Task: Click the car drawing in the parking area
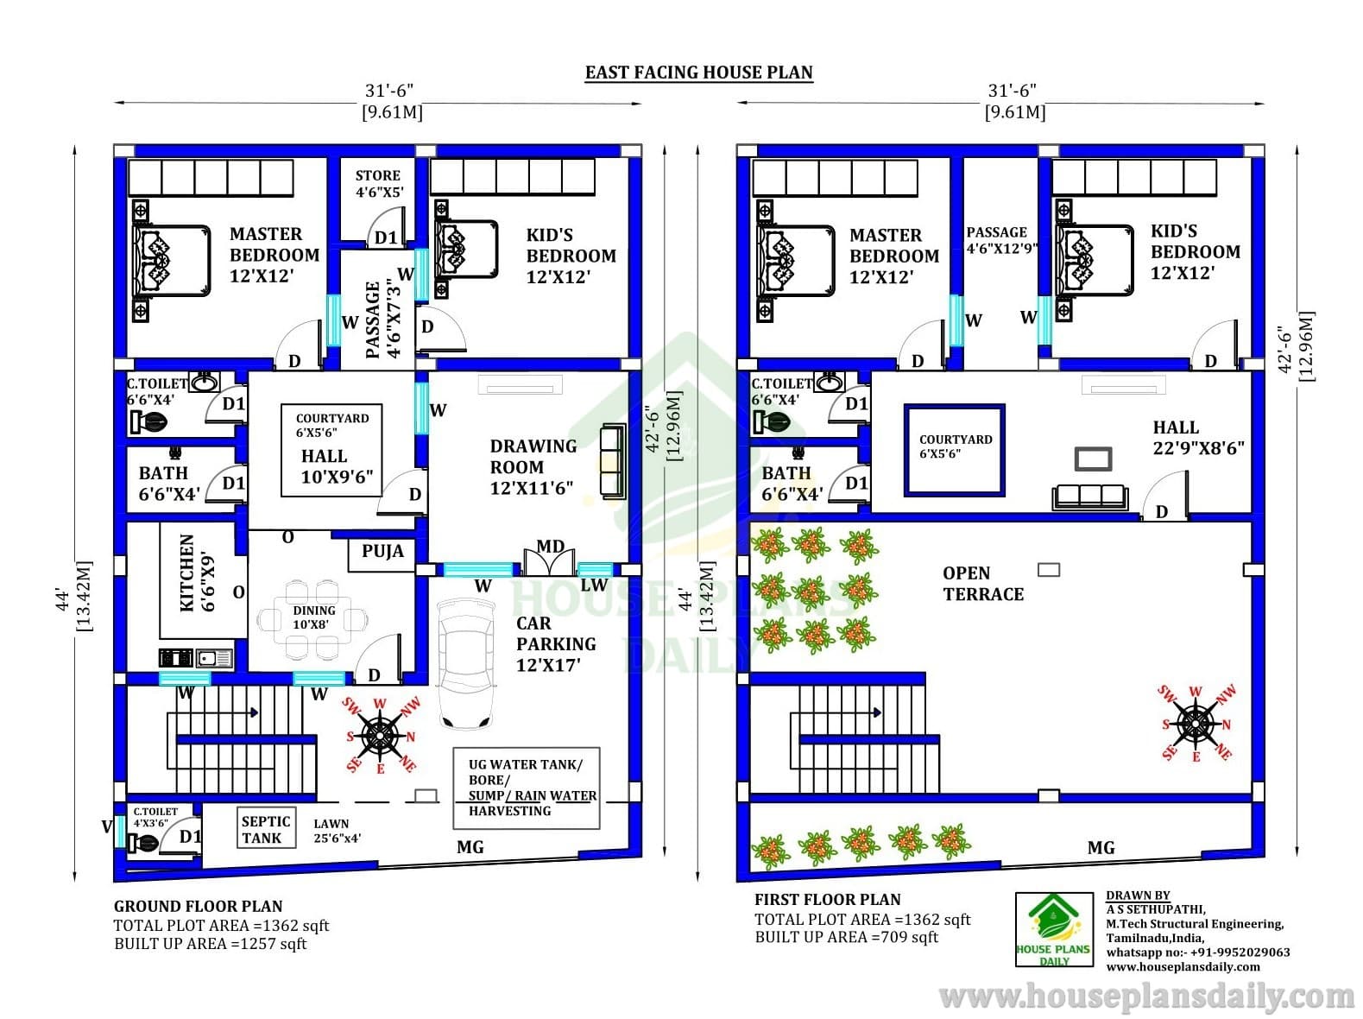click(x=466, y=664)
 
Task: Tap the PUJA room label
click(x=382, y=552)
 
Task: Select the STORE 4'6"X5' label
click(x=379, y=184)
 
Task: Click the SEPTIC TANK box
click(x=266, y=829)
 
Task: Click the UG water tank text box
click(x=527, y=788)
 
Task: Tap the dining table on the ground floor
click(x=312, y=619)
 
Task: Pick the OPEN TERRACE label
click(x=983, y=584)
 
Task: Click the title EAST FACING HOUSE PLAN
click(x=698, y=73)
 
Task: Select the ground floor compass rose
click(x=380, y=736)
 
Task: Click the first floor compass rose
click(x=1196, y=724)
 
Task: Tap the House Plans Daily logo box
click(x=1054, y=929)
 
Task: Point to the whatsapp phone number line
click(x=1197, y=952)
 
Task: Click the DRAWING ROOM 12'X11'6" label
click(x=533, y=467)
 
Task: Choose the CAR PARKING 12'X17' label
click(x=556, y=644)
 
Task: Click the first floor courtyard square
click(x=955, y=450)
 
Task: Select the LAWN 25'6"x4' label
click(x=337, y=830)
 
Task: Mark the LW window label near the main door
click(x=594, y=585)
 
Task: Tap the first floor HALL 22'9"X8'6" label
click(x=1198, y=438)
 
